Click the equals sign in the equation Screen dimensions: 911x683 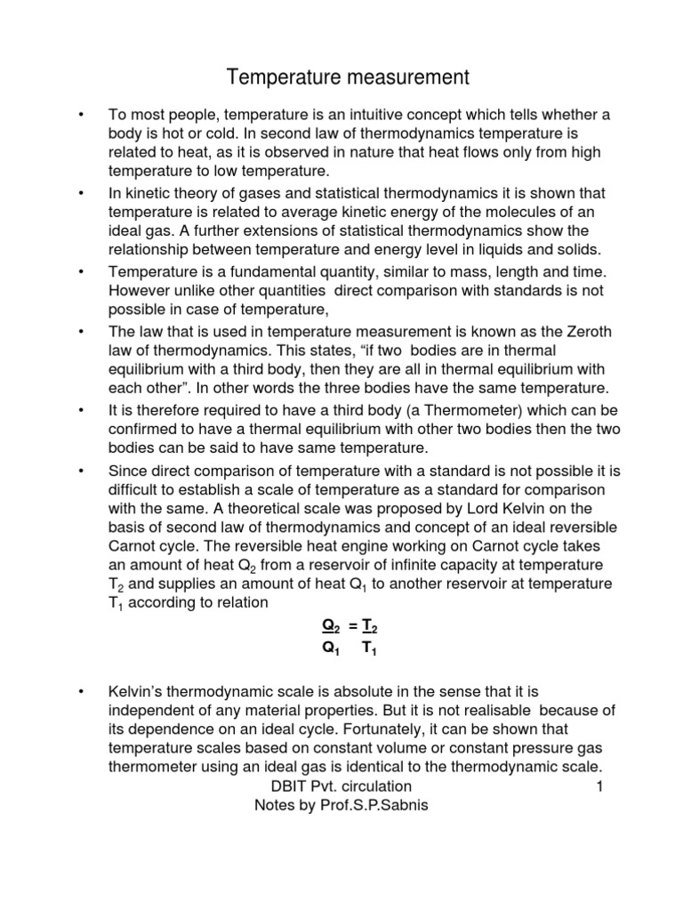coord(353,627)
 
